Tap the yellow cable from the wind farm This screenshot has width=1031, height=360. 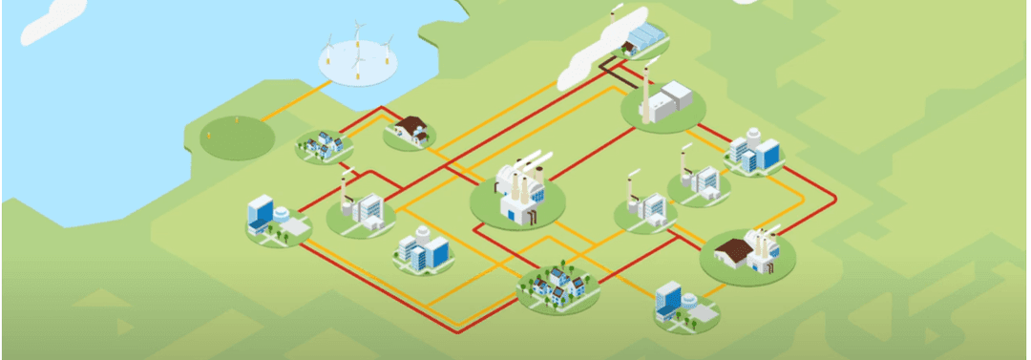click(296, 100)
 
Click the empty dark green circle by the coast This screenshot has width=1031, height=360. click(236, 138)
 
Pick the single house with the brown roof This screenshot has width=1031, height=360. click(411, 129)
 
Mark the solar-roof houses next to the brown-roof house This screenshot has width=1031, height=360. click(323, 144)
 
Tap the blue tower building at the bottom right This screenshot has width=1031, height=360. click(668, 301)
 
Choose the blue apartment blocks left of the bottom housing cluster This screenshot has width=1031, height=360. click(423, 250)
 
